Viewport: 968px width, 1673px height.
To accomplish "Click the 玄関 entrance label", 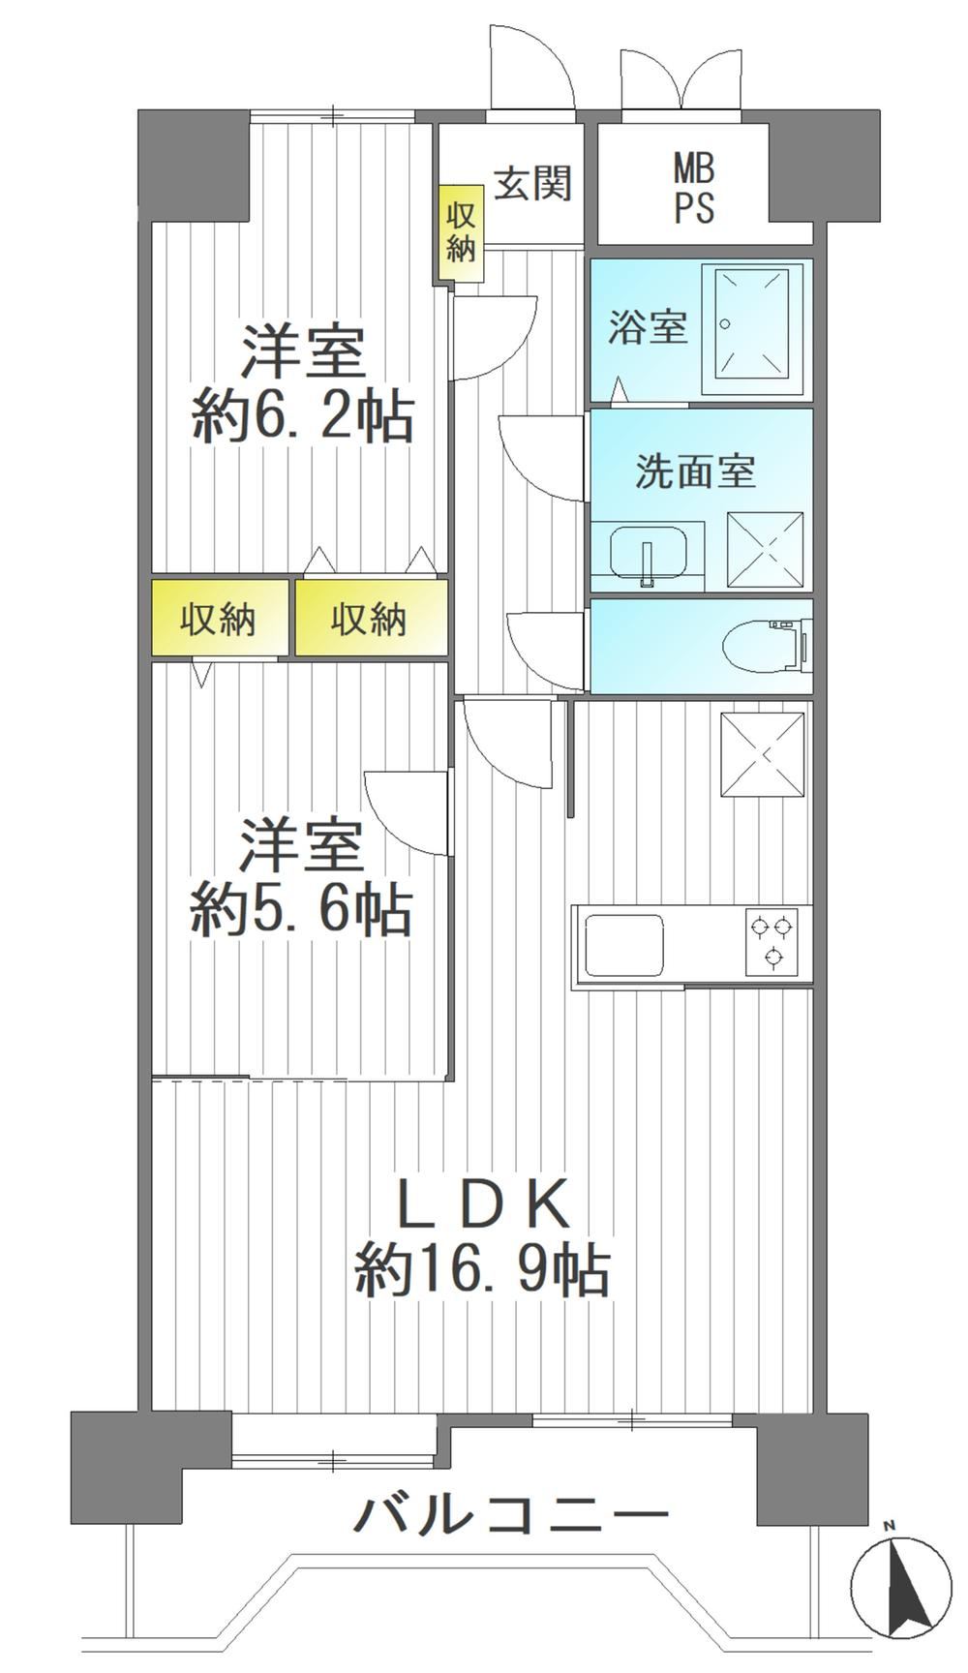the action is pyautogui.click(x=533, y=183).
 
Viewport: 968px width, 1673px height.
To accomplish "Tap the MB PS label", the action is pyautogui.click(x=694, y=190).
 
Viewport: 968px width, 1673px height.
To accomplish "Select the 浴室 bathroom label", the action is pyautogui.click(x=648, y=327).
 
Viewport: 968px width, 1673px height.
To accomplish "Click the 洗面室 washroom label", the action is pyautogui.click(x=695, y=471).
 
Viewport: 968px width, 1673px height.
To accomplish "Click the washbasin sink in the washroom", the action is pyautogui.click(x=649, y=553).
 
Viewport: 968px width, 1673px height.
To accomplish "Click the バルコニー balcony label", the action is pyautogui.click(x=510, y=1513).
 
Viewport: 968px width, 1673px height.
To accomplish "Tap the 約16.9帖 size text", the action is pyautogui.click(x=482, y=1270).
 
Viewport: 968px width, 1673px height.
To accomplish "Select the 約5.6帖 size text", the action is pyautogui.click(x=302, y=910).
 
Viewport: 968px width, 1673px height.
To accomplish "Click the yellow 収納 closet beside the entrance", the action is pyautogui.click(x=462, y=233).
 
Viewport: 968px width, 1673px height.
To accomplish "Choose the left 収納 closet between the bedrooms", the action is pyautogui.click(x=220, y=619).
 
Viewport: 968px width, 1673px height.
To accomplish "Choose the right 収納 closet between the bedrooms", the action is pyautogui.click(x=371, y=619).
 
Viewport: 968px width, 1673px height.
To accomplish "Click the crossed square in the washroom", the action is pyautogui.click(x=765, y=549).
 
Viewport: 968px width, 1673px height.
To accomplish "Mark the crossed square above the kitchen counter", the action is pyautogui.click(x=764, y=755).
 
